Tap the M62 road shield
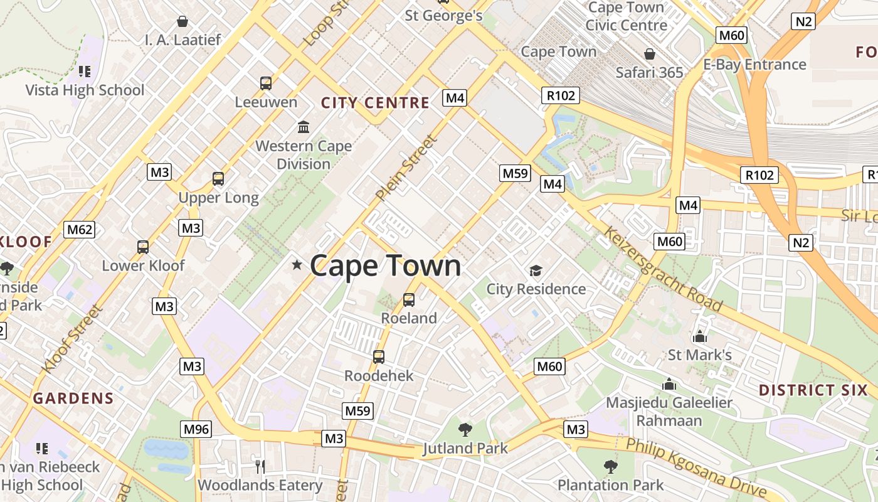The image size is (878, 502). click(x=80, y=229)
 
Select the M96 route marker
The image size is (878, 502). click(x=196, y=429)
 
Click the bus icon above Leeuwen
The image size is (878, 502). click(x=266, y=83)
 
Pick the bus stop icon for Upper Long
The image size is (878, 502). click(x=218, y=179)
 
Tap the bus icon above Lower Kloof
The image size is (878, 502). click(x=143, y=247)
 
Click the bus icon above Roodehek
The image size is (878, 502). click(x=379, y=357)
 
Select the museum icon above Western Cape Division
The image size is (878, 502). click(x=304, y=127)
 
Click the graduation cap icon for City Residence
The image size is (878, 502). click(x=536, y=270)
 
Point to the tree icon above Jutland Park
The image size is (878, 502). click(x=465, y=430)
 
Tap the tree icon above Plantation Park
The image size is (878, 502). click(x=610, y=467)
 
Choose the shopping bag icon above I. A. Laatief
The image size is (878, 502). click(x=182, y=22)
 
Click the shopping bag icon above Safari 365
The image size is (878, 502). click(x=650, y=54)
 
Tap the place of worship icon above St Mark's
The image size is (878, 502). click(x=700, y=336)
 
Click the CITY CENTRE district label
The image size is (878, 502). click(x=375, y=103)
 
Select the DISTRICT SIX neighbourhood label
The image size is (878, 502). click(x=813, y=390)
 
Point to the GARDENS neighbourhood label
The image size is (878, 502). click(x=73, y=398)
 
